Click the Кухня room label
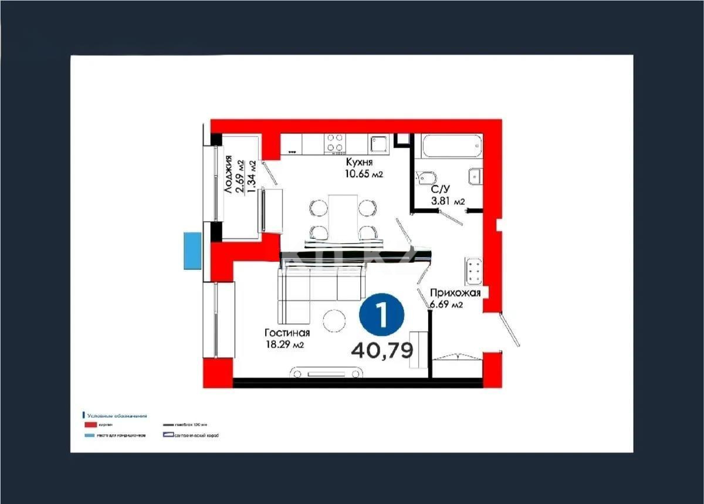[x=359, y=163]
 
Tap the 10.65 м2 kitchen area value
[x=364, y=174]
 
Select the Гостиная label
[x=286, y=334]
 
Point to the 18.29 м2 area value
[x=285, y=345]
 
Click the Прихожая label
[x=455, y=293]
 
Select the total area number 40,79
[x=382, y=350]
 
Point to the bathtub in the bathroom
[x=452, y=146]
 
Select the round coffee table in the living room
[x=336, y=320]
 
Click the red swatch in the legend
[x=90, y=424]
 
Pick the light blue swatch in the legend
[x=90, y=435]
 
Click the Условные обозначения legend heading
[x=117, y=415]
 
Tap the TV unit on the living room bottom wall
[x=328, y=373]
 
